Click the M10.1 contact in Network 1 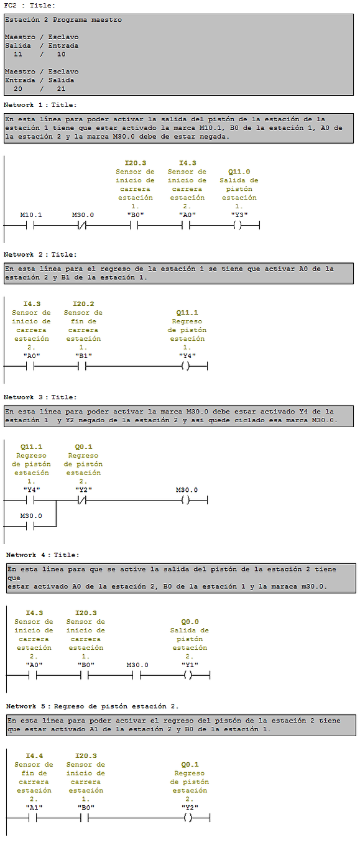pyautogui.click(x=30, y=226)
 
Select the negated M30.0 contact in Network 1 pyautogui.click(x=82, y=226)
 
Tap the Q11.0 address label pyautogui.click(x=239, y=172)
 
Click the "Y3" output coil pyautogui.click(x=238, y=226)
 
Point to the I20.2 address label pyautogui.click(x=83, y=304)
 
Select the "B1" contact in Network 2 pyautogui.click(x=82, y=366)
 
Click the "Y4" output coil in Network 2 pyautogui.click(x=185, y=366)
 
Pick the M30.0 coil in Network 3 pyautogui.click(x=185, y=500)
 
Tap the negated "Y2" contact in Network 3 pyautogui.click(x=82, y=500)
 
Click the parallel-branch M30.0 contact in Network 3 pyautogui.click(x=30, y=526)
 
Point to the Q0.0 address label pyautogui.click(x=190, y=622)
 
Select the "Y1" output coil pyautogui.click(x=188, y=675)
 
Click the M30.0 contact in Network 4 pyautogui.click(x=136, y=675)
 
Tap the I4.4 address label pyautogui.click(x=34, y=756)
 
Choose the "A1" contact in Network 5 pyautogui.click(x=33, y=818)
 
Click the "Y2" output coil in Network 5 pyautogui.click(x=188, y=818)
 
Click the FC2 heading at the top pyautogui.click(x=10, y=5)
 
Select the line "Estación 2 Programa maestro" pyautogui.click(x=63, y=20)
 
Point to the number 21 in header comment pyautogui.click(x=61, y=89)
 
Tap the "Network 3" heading pyautogui.click(x=24, y=397)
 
